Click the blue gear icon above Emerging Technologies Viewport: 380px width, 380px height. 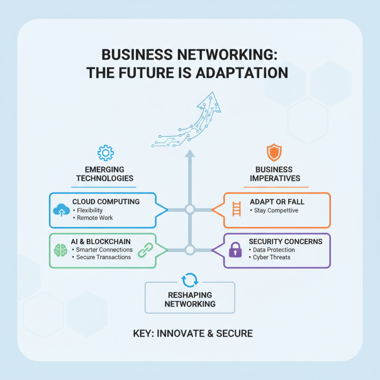pyautogui.click(x=105, y=152)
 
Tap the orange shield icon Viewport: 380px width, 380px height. pyautogui.click(x=274, y=152)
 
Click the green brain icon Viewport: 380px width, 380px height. pyautogui.click(x=61, y=250)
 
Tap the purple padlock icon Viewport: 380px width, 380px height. pyautogui.click(x=236, y=250)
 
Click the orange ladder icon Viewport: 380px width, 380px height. pyautogui.click(x=237, y=209)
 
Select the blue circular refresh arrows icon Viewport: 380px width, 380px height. pyautogui.click(x=190, y=279)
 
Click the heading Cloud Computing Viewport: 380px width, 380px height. pyautogui.click(x=106, y=202)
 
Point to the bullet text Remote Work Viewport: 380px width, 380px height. pyautogui.click(x=95, y=218)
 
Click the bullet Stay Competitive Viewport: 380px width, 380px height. pyautogui.click(x=276, y=210)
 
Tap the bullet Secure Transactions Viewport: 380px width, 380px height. pyautogui.click(x=103, y=257)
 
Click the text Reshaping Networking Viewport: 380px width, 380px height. pyautogui.click(x=190, y=300)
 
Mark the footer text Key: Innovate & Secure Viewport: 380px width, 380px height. pyautogui.click(x=192, y=333)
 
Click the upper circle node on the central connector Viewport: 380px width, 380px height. pyautogui.click(x=190, y=209)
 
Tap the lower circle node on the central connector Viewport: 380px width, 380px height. pyautogui.click(x=190, y=250)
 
